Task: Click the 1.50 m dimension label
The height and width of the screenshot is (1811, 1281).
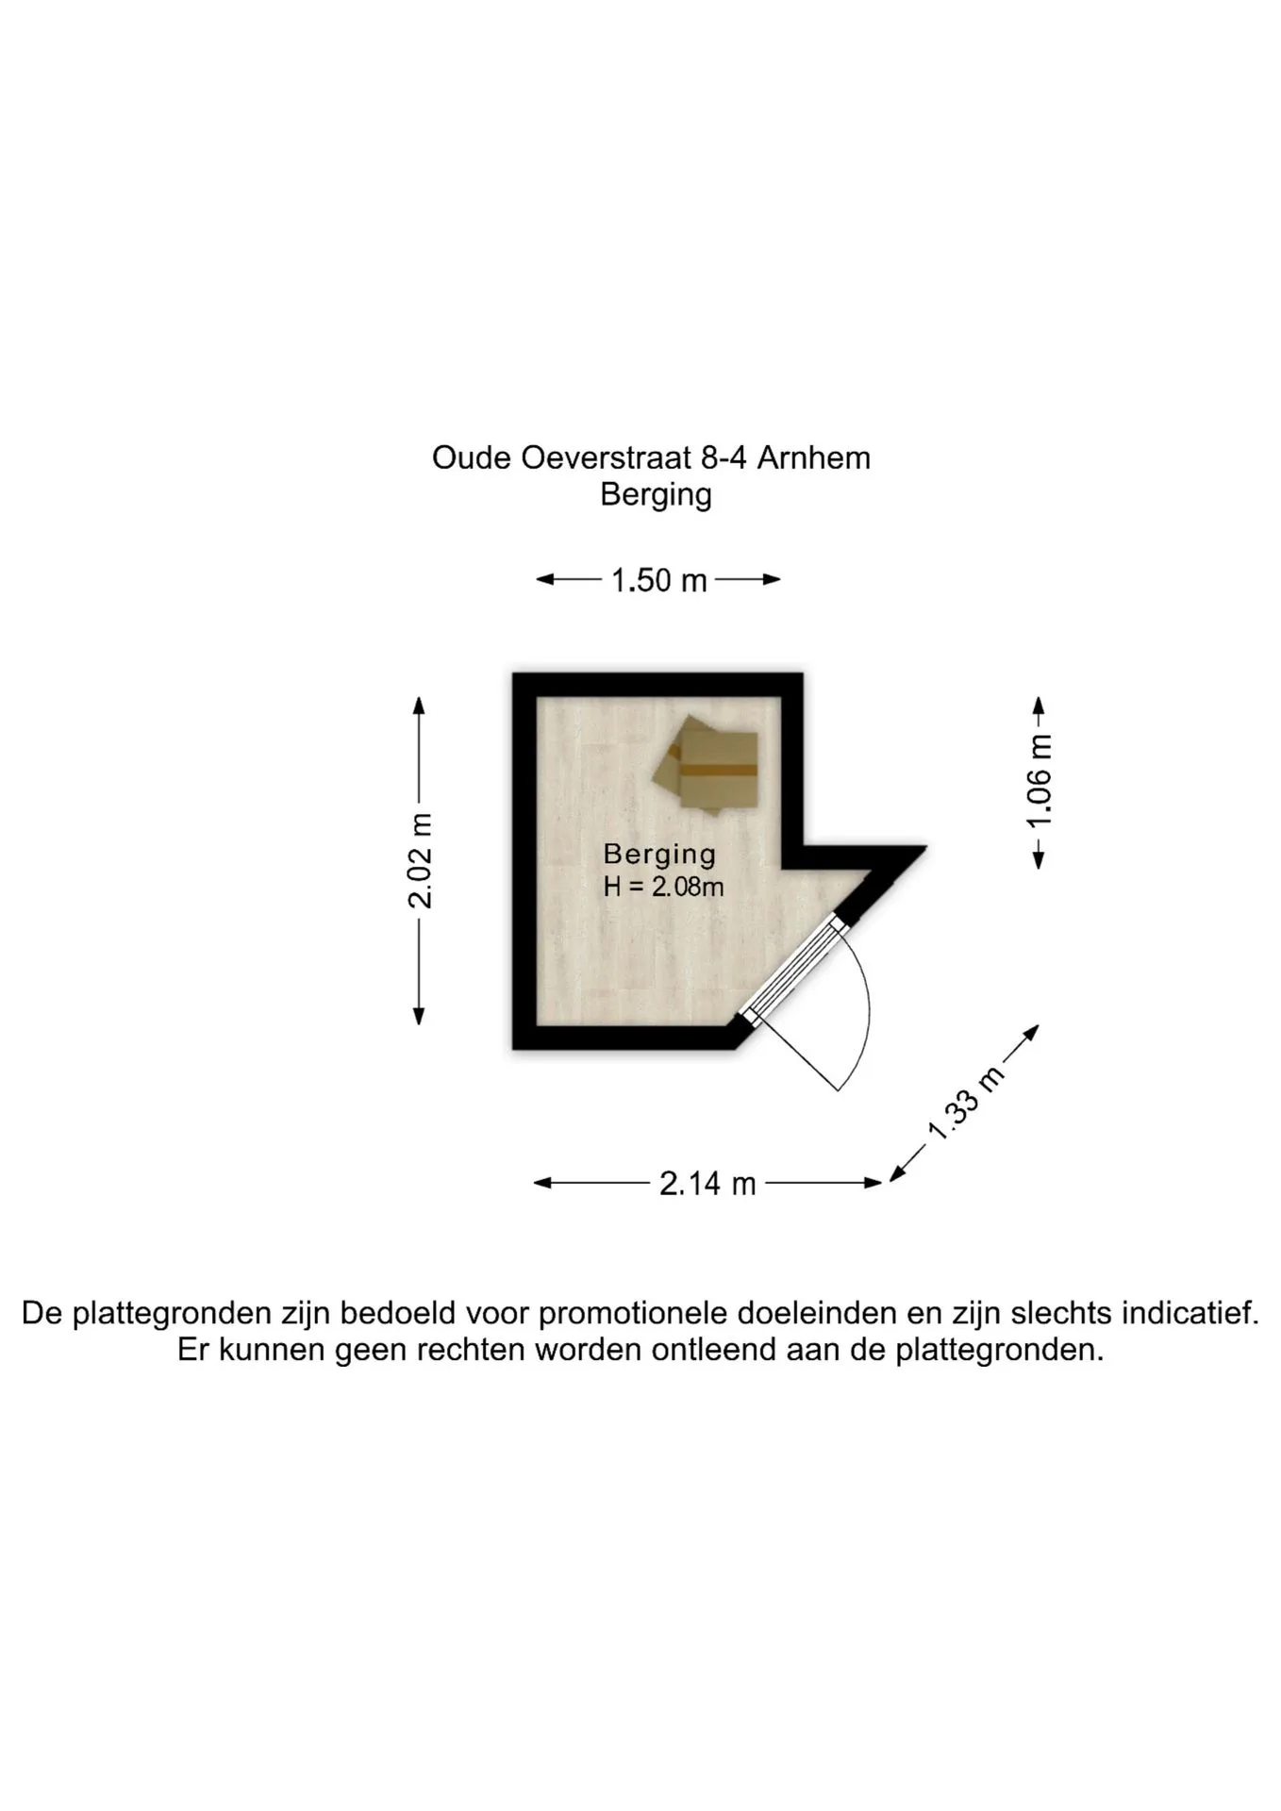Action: pyautogui.click(x=658, y=580)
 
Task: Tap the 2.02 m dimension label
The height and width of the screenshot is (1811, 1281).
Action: pyautogui.click(x=420, y=861)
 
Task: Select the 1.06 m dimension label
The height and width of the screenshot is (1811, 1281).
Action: pyautogui.click(x=1039, y=782)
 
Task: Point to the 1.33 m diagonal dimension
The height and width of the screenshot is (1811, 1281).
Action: pyautogui.click(x=966, y=1103)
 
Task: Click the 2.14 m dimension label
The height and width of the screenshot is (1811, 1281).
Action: pyautogui.click(x=707, y=1183)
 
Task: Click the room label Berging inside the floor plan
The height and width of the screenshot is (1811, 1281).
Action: pyautogui.click(x=659, y=855)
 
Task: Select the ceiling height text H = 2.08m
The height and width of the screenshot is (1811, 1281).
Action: pyautogui.click(x=663, y=887)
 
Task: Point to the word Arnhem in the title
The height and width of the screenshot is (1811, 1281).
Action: pyautogui.click(x=814, y=458)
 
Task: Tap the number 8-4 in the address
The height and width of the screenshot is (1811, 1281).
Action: pyautogui.click(x=724, y=458)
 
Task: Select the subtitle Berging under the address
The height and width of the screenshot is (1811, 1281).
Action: pyautogui.click(x=656, y=495)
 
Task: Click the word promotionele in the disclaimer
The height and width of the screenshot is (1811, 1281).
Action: pyautogui.click(x=635, y=1313)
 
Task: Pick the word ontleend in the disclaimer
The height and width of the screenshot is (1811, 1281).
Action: pyautogui.click(x=719, y=1350)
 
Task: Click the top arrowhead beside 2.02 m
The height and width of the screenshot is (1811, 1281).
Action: pyautogui.click(x=419, y=706)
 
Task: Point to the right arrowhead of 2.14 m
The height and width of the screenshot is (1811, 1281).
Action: pyautogui.click(x=873, y=1183)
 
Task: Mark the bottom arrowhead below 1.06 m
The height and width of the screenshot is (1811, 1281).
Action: pyautogui.click(x=1039, y=859)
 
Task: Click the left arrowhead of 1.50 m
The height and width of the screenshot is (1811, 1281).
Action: pyautogui.click(x=545, y=579)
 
